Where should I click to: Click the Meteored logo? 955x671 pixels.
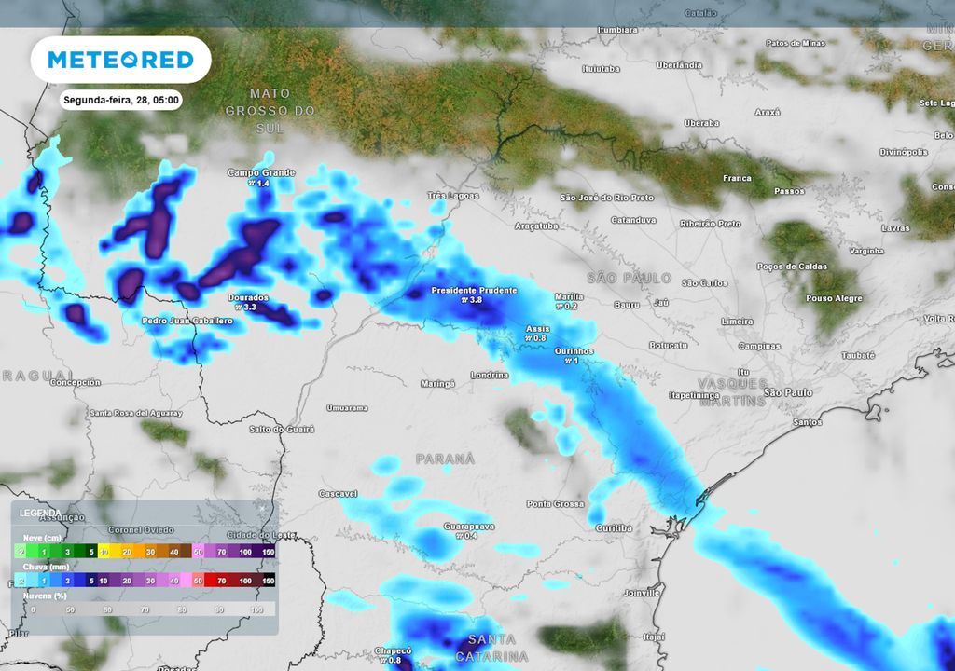point(120,60)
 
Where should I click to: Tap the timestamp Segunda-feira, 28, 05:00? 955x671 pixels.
point(121,100)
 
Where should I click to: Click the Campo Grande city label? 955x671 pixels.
point(261,173)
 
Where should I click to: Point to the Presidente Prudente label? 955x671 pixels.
point(474,291)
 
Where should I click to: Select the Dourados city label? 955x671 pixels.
point(248,298)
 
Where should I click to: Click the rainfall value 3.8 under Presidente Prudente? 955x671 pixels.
point(474,301)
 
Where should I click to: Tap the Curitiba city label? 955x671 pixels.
point(614,528)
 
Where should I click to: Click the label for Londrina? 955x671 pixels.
point(490,375)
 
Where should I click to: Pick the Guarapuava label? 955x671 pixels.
point(467,526)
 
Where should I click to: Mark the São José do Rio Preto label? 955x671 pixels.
point(607,198)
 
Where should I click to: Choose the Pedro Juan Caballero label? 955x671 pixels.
point(187,321)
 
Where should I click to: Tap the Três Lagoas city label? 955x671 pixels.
point(453,196)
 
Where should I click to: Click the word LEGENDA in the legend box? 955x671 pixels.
point(40,514)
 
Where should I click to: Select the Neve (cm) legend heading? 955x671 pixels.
point(41,539)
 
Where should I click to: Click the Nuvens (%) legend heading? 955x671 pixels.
point(45,594)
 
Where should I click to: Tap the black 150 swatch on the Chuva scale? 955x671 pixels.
point(268,581)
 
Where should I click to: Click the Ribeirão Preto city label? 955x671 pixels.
point(711,224)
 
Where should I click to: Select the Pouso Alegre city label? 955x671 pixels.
point(834,298)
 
